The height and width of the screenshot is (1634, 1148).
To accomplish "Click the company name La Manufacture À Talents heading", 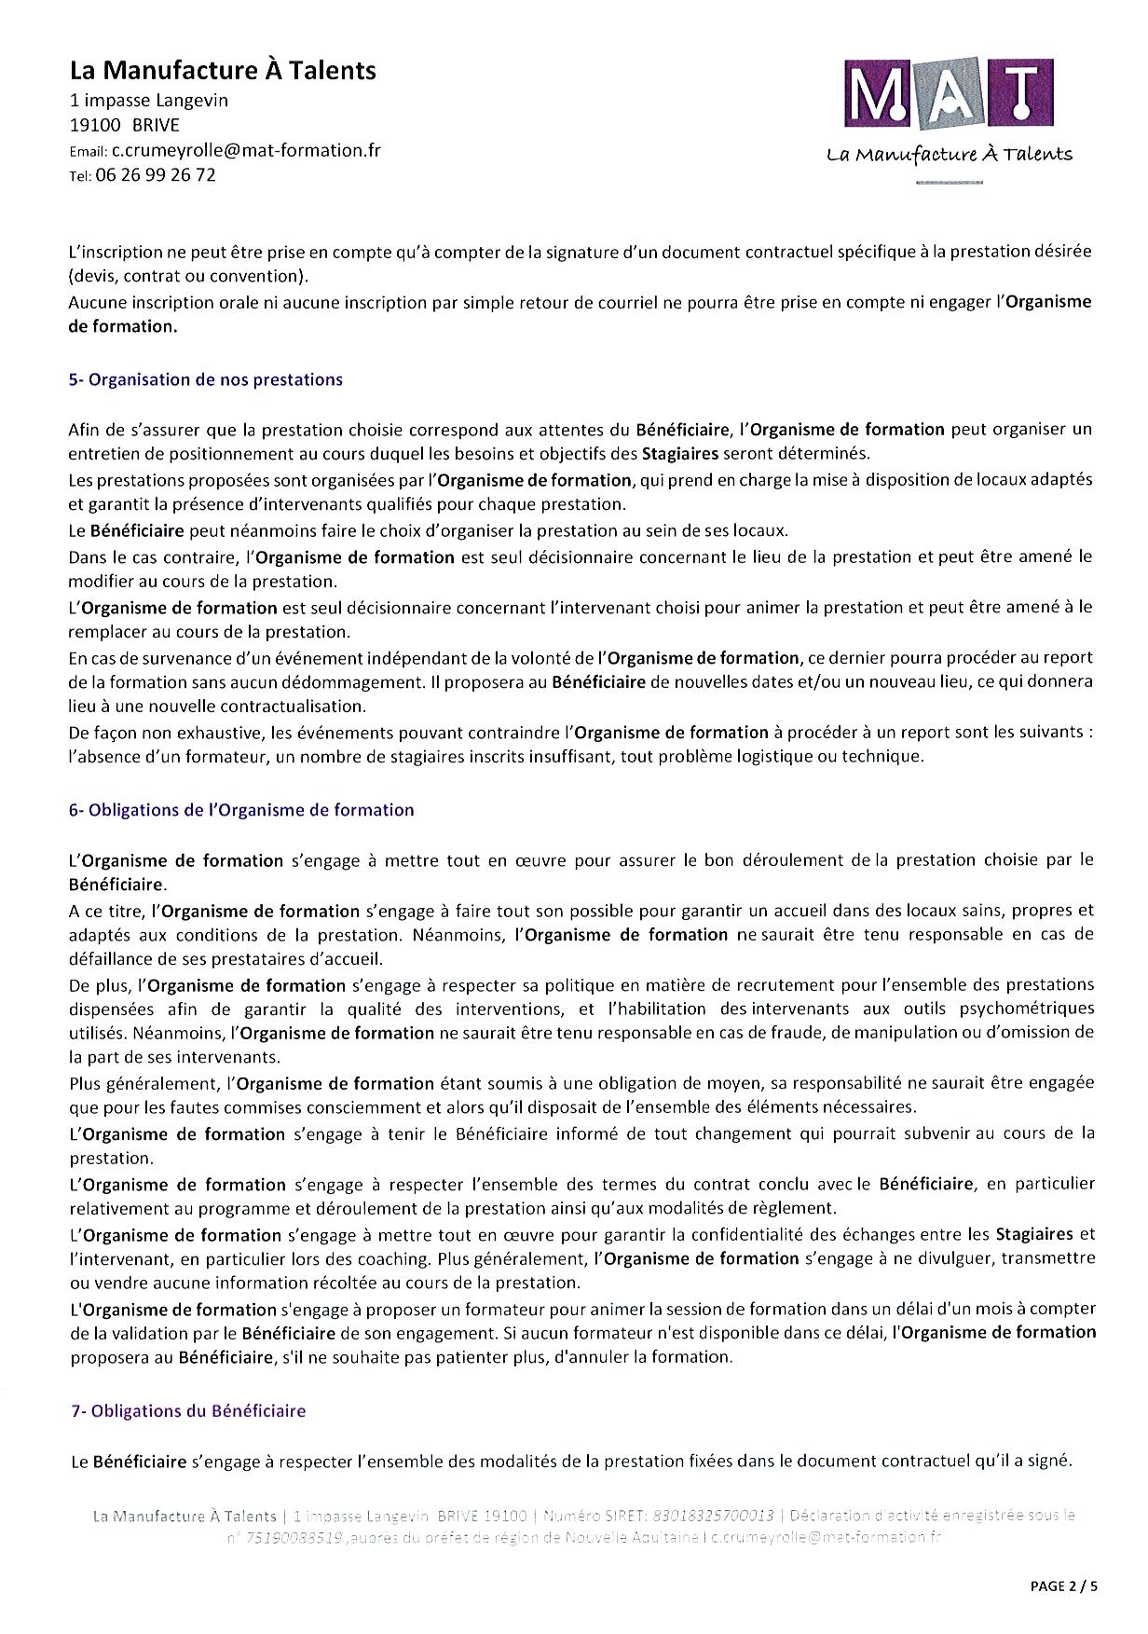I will pyautogui.click(x=223, y=70).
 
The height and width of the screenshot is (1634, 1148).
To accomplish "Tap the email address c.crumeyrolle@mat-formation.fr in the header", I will pyautogui.click(x=246, y=150).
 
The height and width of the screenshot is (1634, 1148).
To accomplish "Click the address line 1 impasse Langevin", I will pyautogui.click(x=149, y=100).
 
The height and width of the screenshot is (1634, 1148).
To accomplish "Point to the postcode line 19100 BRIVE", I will pyautogui.click(x=125, y=125).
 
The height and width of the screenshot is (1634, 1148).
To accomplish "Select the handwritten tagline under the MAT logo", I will pyautogui.click(x=950, y=155).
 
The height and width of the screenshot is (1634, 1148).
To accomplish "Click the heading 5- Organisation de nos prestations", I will pyautogui.click(x=206, y=379).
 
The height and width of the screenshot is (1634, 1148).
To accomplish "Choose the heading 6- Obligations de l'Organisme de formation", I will pyautogui.click(x=241, y=810).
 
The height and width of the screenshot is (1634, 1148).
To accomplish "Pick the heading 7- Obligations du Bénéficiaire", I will pyautogui.click(x=188, y=1411).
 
